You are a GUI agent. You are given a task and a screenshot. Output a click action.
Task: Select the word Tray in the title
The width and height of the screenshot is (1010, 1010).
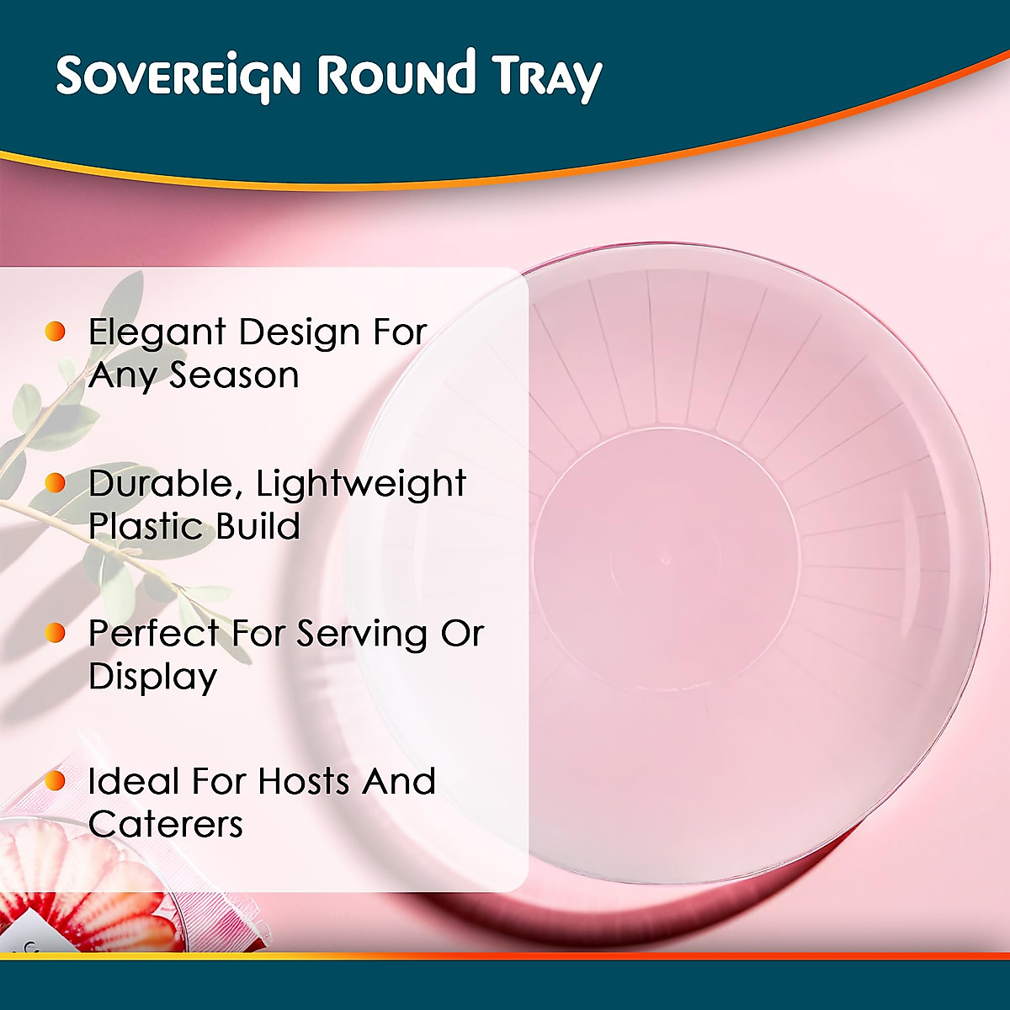point(547,77)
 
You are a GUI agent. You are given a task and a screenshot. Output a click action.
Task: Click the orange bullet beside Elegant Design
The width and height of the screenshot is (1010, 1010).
point(56,332)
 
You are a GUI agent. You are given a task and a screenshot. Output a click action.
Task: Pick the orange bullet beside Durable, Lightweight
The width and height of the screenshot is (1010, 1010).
point(56,483)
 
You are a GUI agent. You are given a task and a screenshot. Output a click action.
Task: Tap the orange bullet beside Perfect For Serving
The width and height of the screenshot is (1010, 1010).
point(56,633)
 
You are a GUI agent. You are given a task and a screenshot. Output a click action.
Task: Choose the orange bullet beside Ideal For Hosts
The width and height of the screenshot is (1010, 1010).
point(56,781)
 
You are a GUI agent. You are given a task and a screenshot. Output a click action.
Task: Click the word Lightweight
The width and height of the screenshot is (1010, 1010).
point(361,485)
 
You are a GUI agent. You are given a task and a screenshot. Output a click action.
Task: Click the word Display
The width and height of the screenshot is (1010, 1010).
point(153,678)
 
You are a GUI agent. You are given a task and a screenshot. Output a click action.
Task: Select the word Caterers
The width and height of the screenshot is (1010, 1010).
point(166,825)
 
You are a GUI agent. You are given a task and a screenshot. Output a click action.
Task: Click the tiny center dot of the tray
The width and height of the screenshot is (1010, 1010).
point(665,560)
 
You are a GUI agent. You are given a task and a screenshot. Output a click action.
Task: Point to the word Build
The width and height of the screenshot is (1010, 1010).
point(258,527)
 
